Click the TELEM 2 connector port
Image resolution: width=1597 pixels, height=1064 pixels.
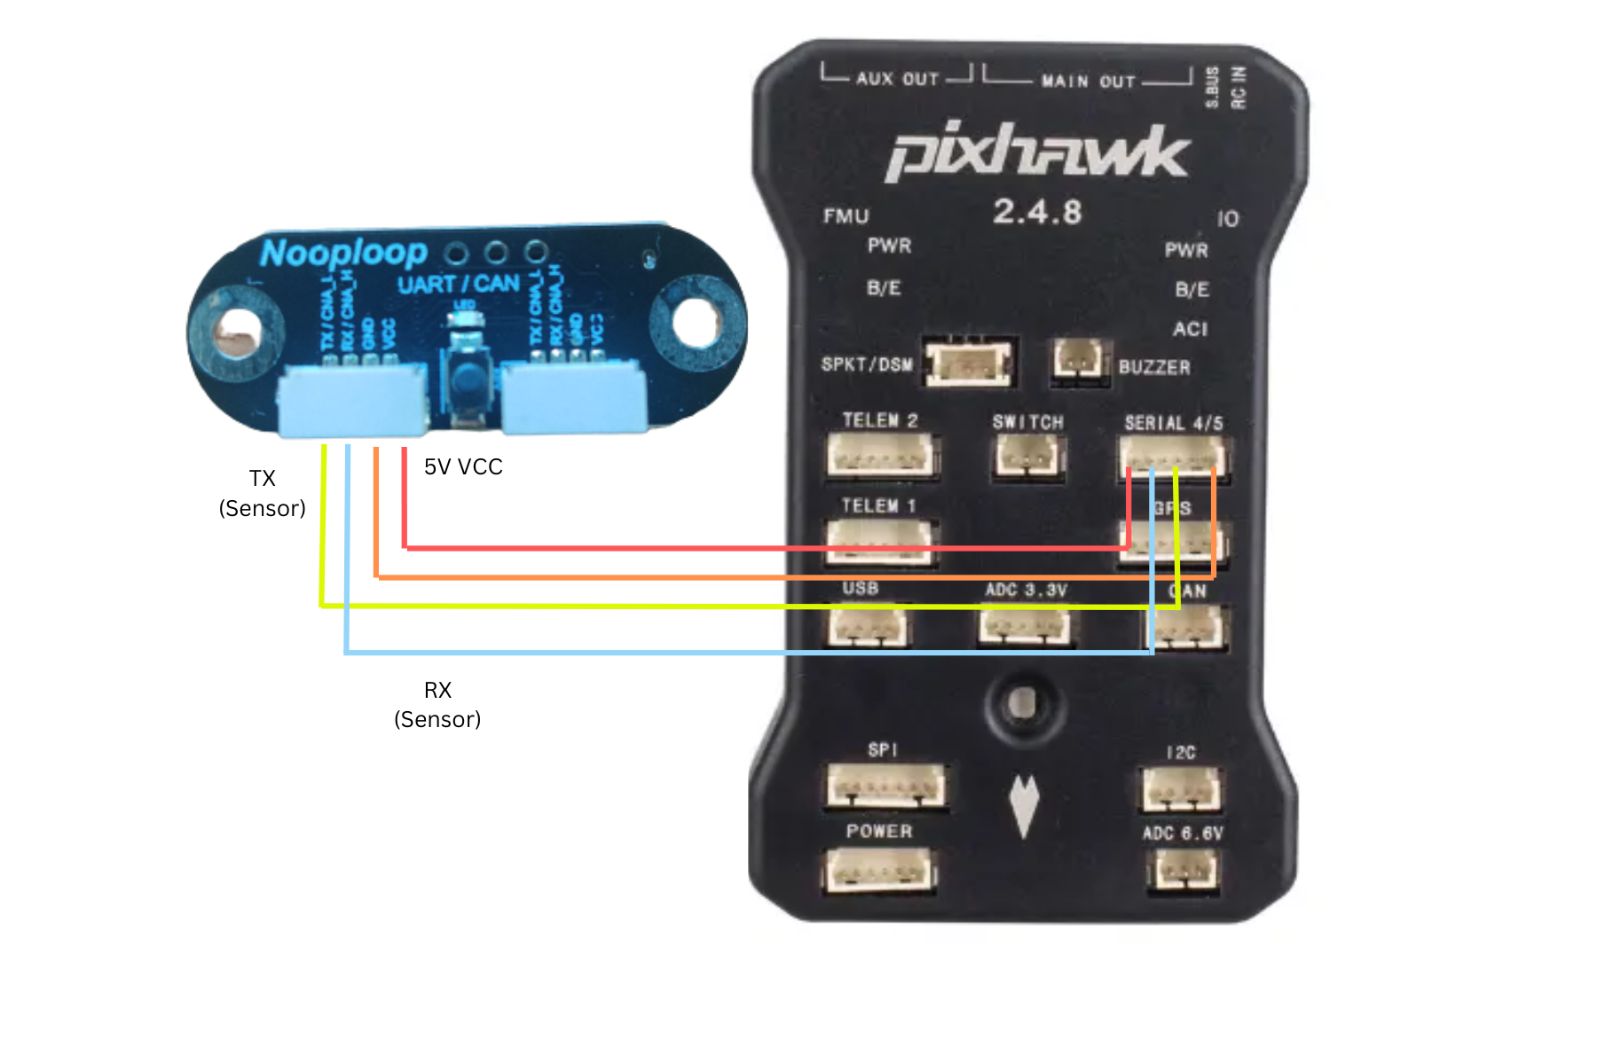tap(880, 455)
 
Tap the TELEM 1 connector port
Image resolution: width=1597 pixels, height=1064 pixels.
tap(878, 540)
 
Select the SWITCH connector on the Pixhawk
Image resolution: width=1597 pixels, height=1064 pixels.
tap(1027, 457)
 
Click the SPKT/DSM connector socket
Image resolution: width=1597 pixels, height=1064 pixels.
tap(968, 362)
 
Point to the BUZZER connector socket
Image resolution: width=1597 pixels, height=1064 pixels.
tap(1078, 360)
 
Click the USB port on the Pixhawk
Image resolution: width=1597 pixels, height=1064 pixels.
tap(868, 626)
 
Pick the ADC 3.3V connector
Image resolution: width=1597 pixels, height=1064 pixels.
tap(1024, 626)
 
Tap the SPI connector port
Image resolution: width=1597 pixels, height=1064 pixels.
tap(885, 786)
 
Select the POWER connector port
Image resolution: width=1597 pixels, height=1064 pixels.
tap(879, 871)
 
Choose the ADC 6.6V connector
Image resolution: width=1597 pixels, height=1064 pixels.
tap(1183, 871)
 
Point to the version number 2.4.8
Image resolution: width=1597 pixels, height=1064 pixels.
tap(1037, 212)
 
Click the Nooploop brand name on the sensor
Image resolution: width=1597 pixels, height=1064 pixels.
tap(343, 254)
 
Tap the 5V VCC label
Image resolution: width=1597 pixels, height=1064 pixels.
tap(463, 467)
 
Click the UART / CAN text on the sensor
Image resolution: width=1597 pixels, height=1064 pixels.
tap(458, 285)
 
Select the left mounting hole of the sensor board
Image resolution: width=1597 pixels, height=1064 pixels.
tap(237, 331)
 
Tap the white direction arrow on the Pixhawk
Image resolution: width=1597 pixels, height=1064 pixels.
tap(1024, 805)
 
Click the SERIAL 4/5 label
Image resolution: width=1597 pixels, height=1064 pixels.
tap(1173, 423)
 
